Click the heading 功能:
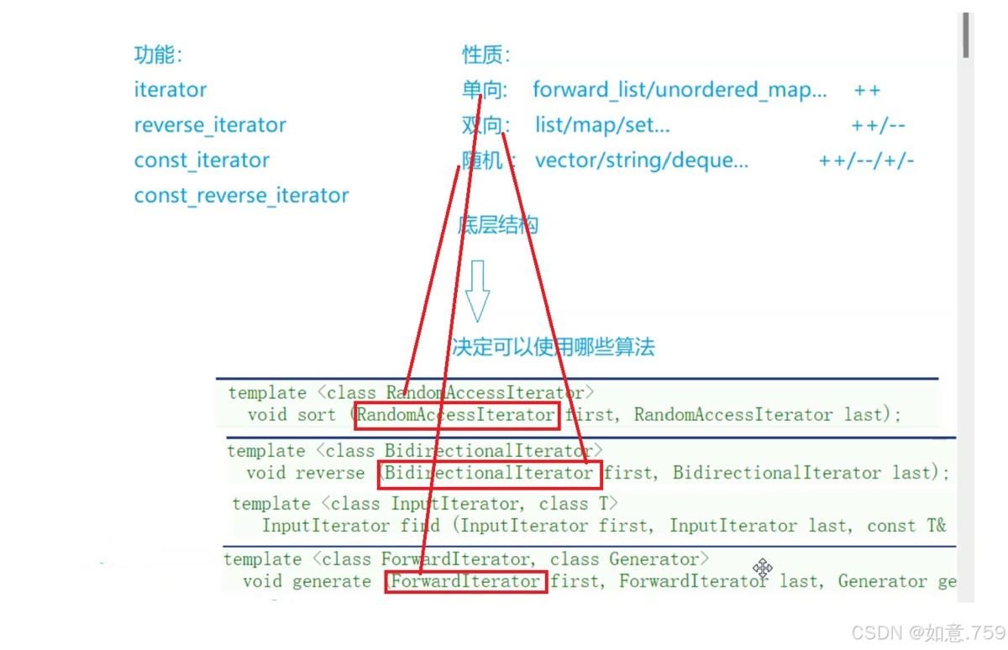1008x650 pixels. click(x=158, y=55)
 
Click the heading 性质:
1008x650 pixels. click(x=486, y=55)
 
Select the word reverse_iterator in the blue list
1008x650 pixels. click(x=210, y=125)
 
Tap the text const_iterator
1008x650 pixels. click(x=202, y=160)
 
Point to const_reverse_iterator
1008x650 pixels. click(x=241, y=195)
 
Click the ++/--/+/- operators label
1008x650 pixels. click(x=866, y=160)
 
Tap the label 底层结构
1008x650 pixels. click(x=497, y=225)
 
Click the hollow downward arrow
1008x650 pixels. click(x=477, y=291)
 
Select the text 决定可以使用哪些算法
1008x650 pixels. click(x=553, y=347)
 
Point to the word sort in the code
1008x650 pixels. click(x=317, y=415)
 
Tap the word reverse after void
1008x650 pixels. click(x=330, y=473)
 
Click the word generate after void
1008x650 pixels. click(x=332, y=582)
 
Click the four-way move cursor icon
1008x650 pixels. click(x=763, y=569)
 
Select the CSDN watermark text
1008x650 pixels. click(x=928, y=633)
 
